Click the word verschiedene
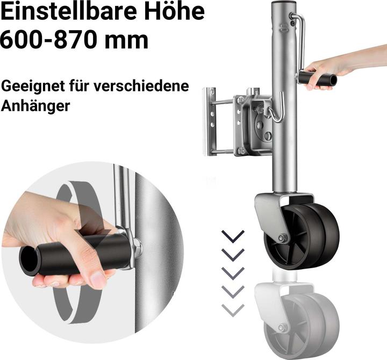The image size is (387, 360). point(141,86)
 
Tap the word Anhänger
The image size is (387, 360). point(35,106)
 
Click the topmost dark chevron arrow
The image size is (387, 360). point(233,236)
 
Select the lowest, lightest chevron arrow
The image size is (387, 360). point(233,310)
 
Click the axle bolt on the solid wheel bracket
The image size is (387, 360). point(281,238)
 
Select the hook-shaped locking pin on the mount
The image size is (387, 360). point(276,109)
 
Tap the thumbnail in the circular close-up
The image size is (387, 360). point(97,280)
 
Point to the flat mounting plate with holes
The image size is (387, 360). point(209,121)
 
